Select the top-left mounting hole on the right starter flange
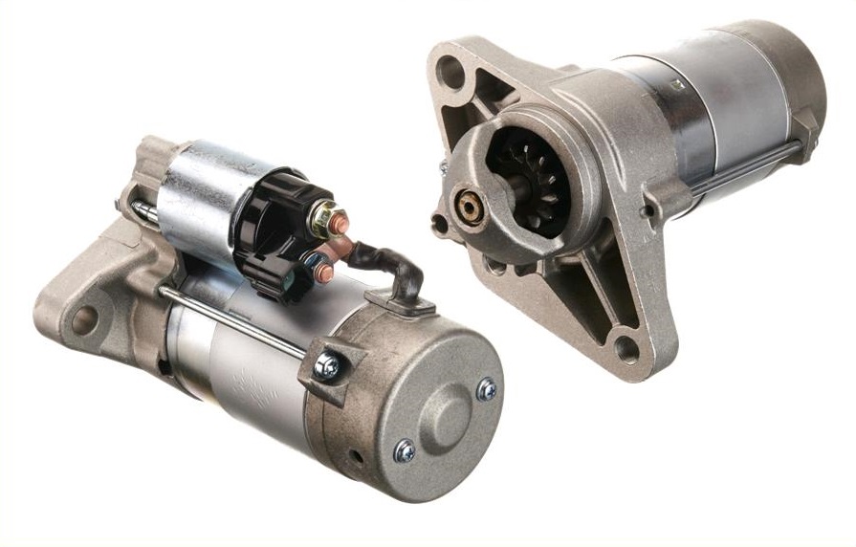coord(450,70)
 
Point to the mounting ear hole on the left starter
coord(84,319)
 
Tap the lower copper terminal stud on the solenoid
coord(323,273)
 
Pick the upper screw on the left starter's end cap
coord(486,388)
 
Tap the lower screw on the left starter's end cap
coord(405,449)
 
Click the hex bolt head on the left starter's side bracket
coord(328,365)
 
